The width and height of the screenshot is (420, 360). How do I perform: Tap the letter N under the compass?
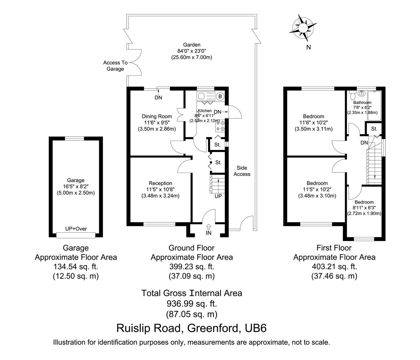(308, 47)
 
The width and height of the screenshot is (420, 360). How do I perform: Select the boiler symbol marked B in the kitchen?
(219, 96)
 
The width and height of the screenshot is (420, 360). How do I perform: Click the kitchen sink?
(206, 96)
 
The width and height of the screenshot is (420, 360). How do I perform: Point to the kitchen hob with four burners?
(220, 126)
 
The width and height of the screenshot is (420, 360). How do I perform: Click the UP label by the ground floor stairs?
(218, 196)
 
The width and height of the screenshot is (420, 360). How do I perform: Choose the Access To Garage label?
(115, 66)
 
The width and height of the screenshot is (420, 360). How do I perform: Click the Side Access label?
(242, 171)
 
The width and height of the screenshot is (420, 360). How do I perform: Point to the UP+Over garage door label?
(76, 229)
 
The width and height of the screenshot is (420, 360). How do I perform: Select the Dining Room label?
(157, 116)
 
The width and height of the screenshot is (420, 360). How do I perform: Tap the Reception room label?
(161, 183)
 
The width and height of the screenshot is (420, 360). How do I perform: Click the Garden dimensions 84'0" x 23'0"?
(192, 51)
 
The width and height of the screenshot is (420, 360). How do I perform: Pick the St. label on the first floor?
(374, 129)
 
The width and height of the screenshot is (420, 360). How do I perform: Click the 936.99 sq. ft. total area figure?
(192, 304)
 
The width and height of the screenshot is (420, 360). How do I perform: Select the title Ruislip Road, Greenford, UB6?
(192, 328)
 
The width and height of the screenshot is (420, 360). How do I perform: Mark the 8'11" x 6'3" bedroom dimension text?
(364, 208)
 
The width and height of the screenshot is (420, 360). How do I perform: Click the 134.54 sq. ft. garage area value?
(76, 267)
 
